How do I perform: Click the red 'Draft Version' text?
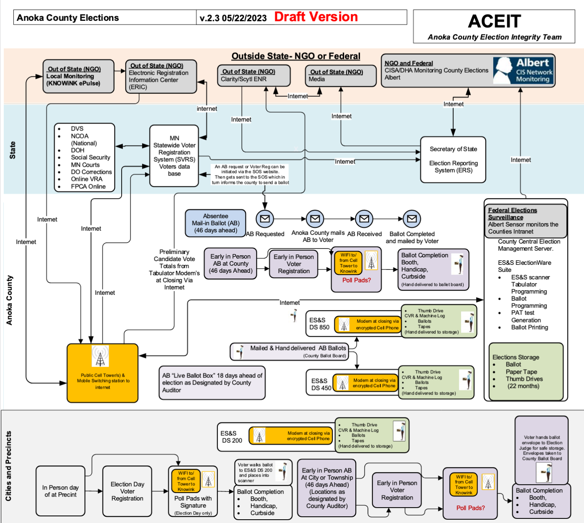coord(316,17)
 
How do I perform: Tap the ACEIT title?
coord(494,21)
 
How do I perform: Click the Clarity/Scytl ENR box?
coord(254,75)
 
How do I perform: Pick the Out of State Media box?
coord(341,75)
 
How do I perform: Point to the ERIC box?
coord(161,76)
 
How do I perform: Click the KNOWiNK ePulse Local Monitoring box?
coord(78,76)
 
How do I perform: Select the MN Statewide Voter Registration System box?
coord(174,156)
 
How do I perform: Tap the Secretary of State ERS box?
coord(453,160)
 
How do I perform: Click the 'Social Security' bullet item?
coord(90,157)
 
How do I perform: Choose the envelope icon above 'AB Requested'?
coord(265,219)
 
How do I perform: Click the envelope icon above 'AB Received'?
coord(364,219)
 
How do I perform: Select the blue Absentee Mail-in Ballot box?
coord(216,223)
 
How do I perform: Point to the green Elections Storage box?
coord(526,372)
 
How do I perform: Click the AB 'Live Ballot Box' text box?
coord(212,383)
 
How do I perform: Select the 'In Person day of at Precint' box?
coord(60,490)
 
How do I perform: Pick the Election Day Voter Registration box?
coord(127,491)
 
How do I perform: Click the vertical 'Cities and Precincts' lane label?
coord(8,466)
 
